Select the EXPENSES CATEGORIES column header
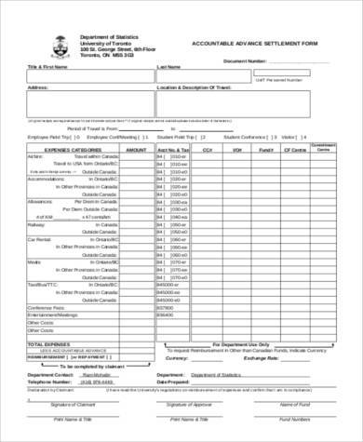tap(74, 149)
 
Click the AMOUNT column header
tap(137, 149)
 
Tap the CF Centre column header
tap(295, 149)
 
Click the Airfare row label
tap(34, 157)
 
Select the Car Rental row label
tap(38, 240)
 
